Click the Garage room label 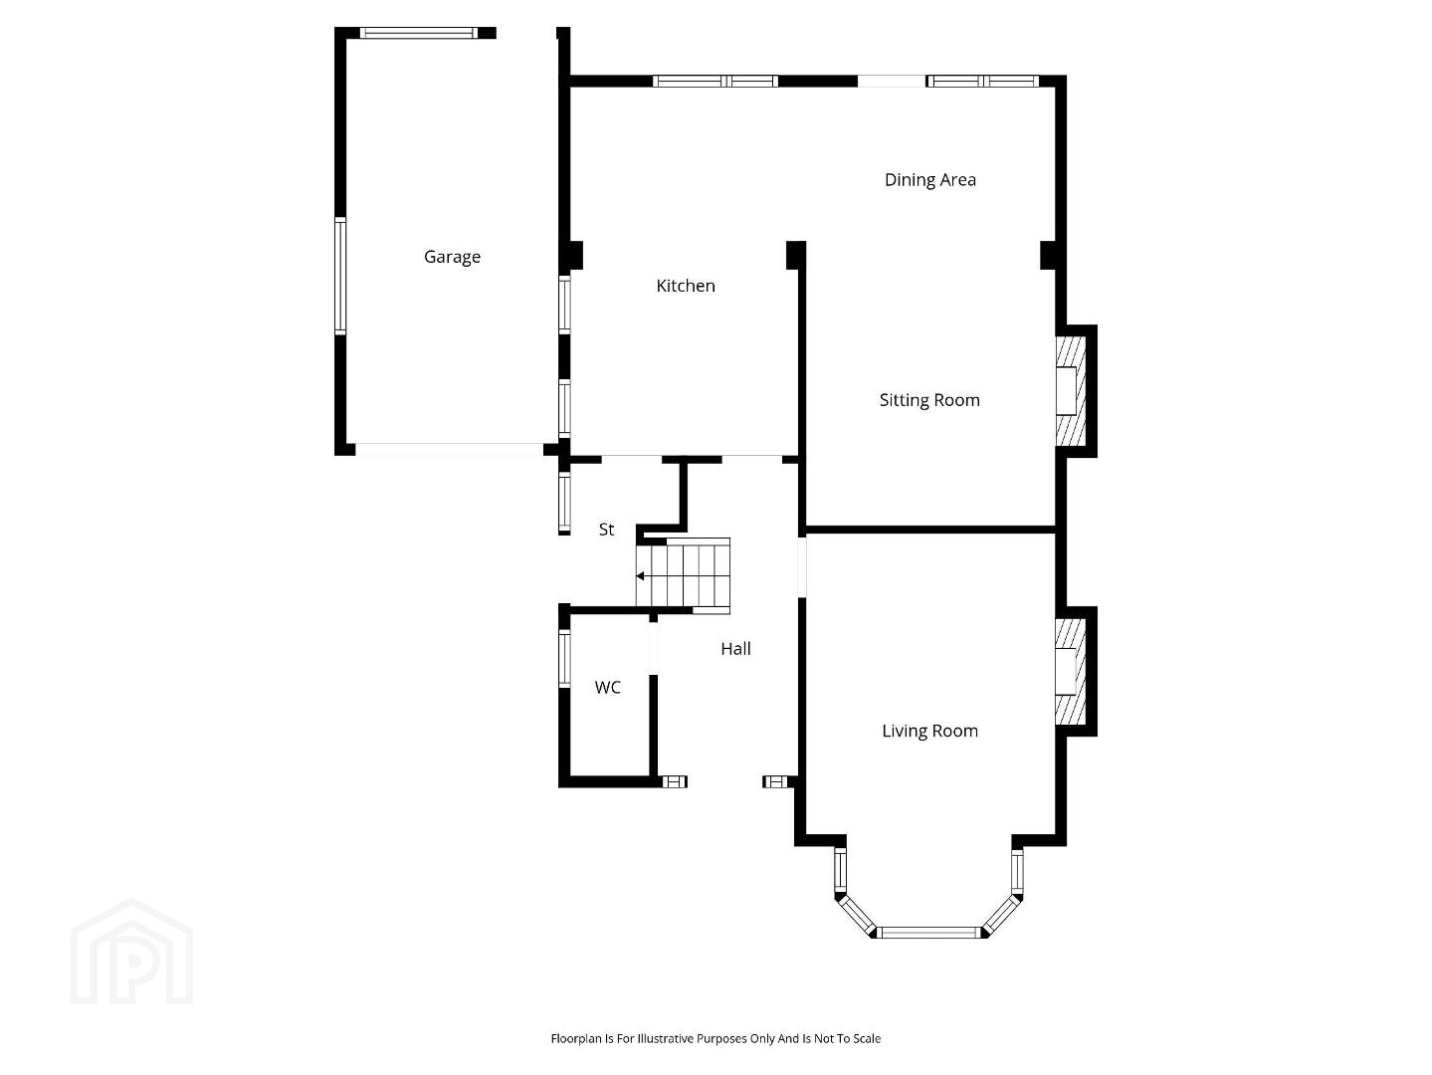(452, 257)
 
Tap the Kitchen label (685, 286)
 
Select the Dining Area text (929, 180)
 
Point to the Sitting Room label (929, 400)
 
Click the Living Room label (929, 732)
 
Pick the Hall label (735, 648)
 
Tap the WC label (607, 687)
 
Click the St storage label (606, 529)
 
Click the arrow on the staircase (640, 576)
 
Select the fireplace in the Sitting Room (1071, 391)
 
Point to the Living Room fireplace (1071, 672)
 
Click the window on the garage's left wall (340, 277)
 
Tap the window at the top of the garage (419, 33)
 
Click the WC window (564, 658)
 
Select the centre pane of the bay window (929, 932)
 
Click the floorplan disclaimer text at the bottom (716, 1038)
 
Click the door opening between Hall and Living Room (802, 566)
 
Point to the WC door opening (653, 648)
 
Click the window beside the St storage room (564, 503)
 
